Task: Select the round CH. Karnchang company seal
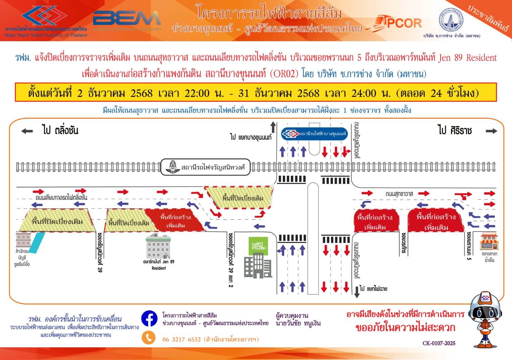point(451,19)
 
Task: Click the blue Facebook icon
point(149,318)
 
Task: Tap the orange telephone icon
point(149,338)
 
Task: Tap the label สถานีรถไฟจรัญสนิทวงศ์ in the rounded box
point(205,167)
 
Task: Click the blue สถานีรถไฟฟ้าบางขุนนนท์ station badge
point(314,134)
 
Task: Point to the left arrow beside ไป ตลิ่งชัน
point(27,131)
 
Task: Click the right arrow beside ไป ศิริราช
point(491,131)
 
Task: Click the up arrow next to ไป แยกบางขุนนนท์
point(273,127)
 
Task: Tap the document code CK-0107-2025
point(439,343)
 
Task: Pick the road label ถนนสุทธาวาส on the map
point(399,194)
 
